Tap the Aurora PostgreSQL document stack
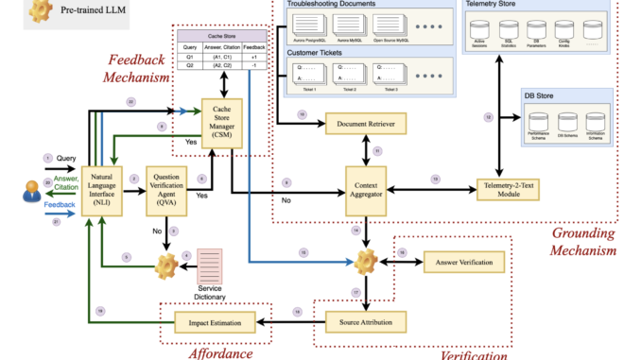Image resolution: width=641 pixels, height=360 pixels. (312, 23)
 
